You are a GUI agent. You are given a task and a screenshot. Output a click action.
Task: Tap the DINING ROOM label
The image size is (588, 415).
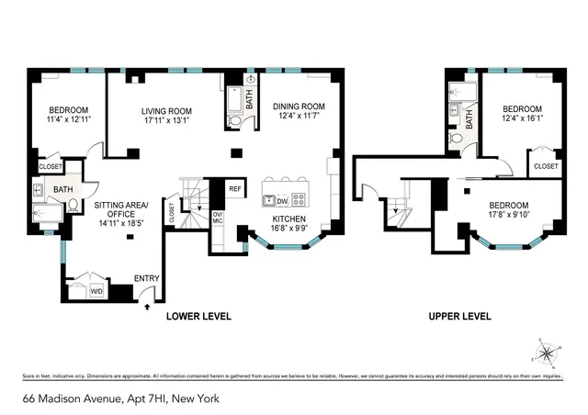point(299,106)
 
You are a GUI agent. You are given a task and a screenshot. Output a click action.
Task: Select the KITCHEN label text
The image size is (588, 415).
point(290,219)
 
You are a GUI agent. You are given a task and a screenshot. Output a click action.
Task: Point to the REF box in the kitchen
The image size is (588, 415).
point(234,188)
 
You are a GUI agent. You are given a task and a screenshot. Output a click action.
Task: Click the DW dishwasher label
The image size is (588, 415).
point(282,200)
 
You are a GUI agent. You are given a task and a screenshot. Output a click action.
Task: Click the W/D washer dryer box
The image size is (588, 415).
point(96,292)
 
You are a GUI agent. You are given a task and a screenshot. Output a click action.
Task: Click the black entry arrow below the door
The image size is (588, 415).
point(145,308)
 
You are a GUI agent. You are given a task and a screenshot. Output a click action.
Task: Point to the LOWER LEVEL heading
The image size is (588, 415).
point(198,317)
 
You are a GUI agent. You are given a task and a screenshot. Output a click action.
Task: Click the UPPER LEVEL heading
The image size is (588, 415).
point(459,317)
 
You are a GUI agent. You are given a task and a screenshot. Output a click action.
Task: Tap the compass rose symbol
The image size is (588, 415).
point(547,352)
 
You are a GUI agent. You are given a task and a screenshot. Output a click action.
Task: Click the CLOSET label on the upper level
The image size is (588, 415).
point(546,166)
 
